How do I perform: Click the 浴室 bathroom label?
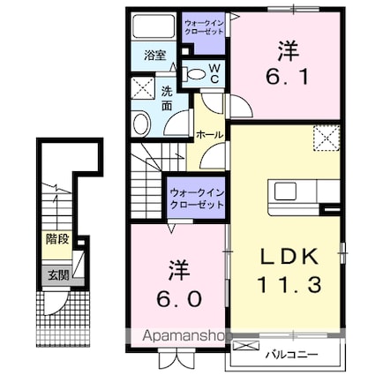point(155,56)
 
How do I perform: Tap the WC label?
point(214,73)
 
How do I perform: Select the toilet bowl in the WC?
point(194,74)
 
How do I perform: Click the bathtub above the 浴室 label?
point(153,26)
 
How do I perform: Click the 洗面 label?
point(167,99)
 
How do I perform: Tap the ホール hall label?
point(210,135)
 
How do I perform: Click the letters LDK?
point(289,256)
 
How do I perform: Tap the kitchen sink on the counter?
point(285,191)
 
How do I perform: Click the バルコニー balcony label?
point(291,355)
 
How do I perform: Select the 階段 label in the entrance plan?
point(57,239)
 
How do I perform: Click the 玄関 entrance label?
point(58,275)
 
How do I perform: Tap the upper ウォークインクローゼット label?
point(204,27)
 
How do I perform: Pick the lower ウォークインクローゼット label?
point(197,199)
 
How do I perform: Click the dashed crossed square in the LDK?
point(326,139)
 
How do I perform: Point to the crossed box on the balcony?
point(246,345)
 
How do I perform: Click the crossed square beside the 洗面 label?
point(143,88)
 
